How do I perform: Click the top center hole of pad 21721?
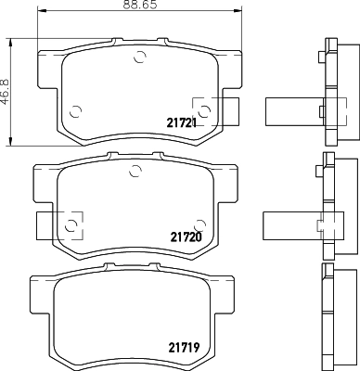point(140,58)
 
